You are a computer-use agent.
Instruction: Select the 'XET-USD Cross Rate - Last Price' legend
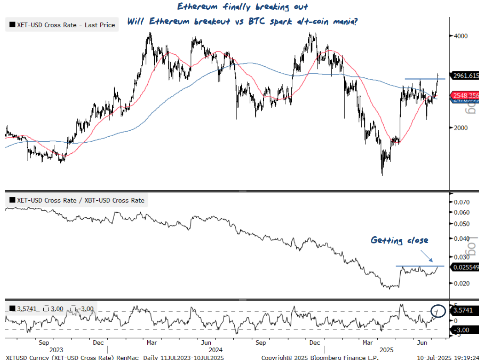[62, 25]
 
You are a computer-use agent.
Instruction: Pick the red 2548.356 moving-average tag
[466, 95]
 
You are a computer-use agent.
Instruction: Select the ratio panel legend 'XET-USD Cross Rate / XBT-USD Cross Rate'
[76, 200]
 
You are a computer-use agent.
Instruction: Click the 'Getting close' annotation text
[399, 240]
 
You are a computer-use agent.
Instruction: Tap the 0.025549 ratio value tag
[466, 267]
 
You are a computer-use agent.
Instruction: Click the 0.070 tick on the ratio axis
[462, 202]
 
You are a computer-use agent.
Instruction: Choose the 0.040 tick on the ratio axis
[462, 238]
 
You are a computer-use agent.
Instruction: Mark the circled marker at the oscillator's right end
[439, 312]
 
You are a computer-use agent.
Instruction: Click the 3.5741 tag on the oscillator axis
[465, 311]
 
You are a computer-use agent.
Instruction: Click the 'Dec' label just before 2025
[315, 343]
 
